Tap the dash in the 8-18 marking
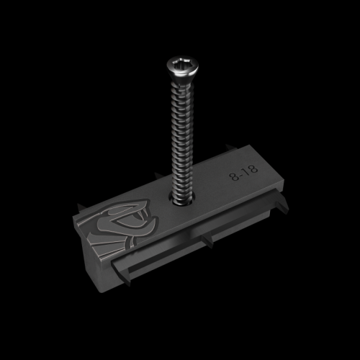click(239, 178)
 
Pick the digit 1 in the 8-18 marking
click(243, 176)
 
